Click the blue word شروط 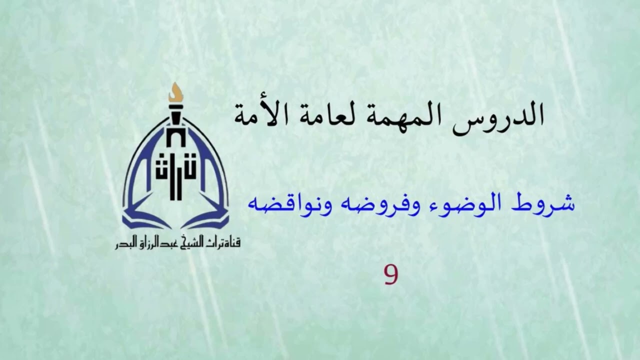548,204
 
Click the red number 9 390,274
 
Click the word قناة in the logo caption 230,244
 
